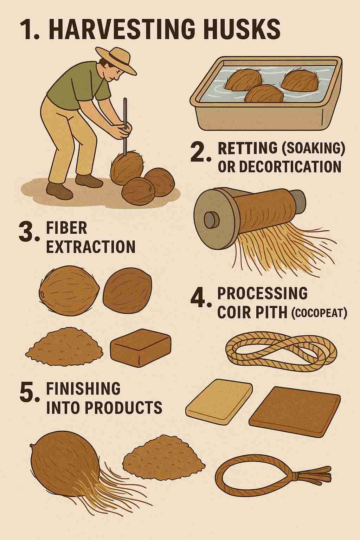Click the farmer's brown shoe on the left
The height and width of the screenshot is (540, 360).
(56, 190)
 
